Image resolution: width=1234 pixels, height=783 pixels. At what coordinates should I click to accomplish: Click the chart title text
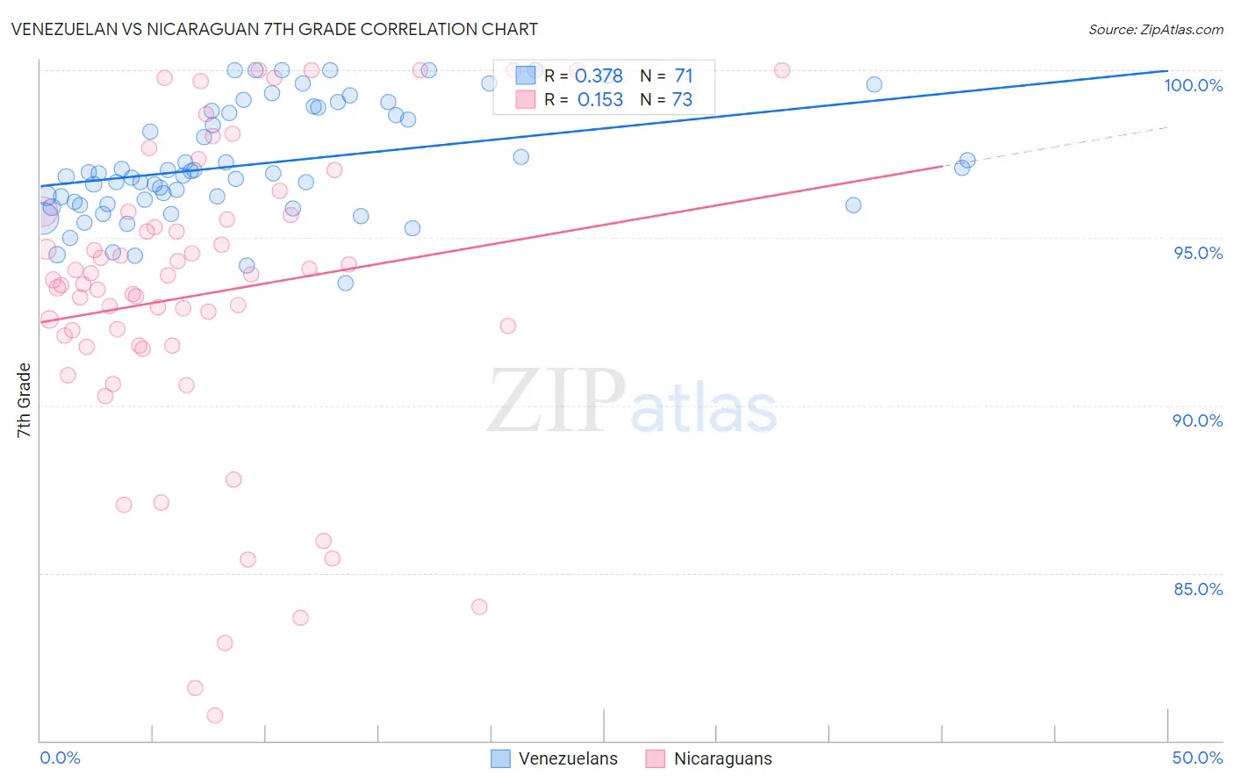coord(274,29)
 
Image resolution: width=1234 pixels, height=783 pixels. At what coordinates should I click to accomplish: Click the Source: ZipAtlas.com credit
coord(1155,30)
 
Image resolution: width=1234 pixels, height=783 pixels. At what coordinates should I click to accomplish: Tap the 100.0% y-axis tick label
coord(1193,85)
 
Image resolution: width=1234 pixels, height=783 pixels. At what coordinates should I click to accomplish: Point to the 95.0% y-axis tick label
coord(1198,253)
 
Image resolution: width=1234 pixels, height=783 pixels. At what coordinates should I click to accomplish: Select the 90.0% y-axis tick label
coord(1197,420)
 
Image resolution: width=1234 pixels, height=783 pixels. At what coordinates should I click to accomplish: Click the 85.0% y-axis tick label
coord(1198,589)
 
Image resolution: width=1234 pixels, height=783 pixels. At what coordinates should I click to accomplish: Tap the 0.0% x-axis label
coord(60,758)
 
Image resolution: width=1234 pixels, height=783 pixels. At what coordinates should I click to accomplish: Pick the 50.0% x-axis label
coord(1197,758)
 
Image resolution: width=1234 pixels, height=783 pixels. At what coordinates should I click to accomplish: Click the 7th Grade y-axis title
coord(24,400)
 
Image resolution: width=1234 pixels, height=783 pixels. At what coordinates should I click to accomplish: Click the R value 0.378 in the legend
coord(599,76)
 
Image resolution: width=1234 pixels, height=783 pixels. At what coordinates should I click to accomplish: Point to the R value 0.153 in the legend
coord(599,100)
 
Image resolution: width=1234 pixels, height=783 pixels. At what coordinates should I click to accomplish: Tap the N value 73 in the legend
coord(682,100)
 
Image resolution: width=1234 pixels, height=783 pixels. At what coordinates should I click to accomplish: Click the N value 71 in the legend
coord(683,76)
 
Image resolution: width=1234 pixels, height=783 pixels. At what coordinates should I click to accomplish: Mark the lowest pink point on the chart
coord(215,715)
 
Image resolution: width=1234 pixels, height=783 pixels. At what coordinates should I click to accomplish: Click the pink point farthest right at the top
coord(782,70)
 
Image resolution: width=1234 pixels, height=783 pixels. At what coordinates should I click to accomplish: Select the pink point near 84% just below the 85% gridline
coord(479,607)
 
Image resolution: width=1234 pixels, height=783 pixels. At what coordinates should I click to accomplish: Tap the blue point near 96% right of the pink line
coord(853,205)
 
